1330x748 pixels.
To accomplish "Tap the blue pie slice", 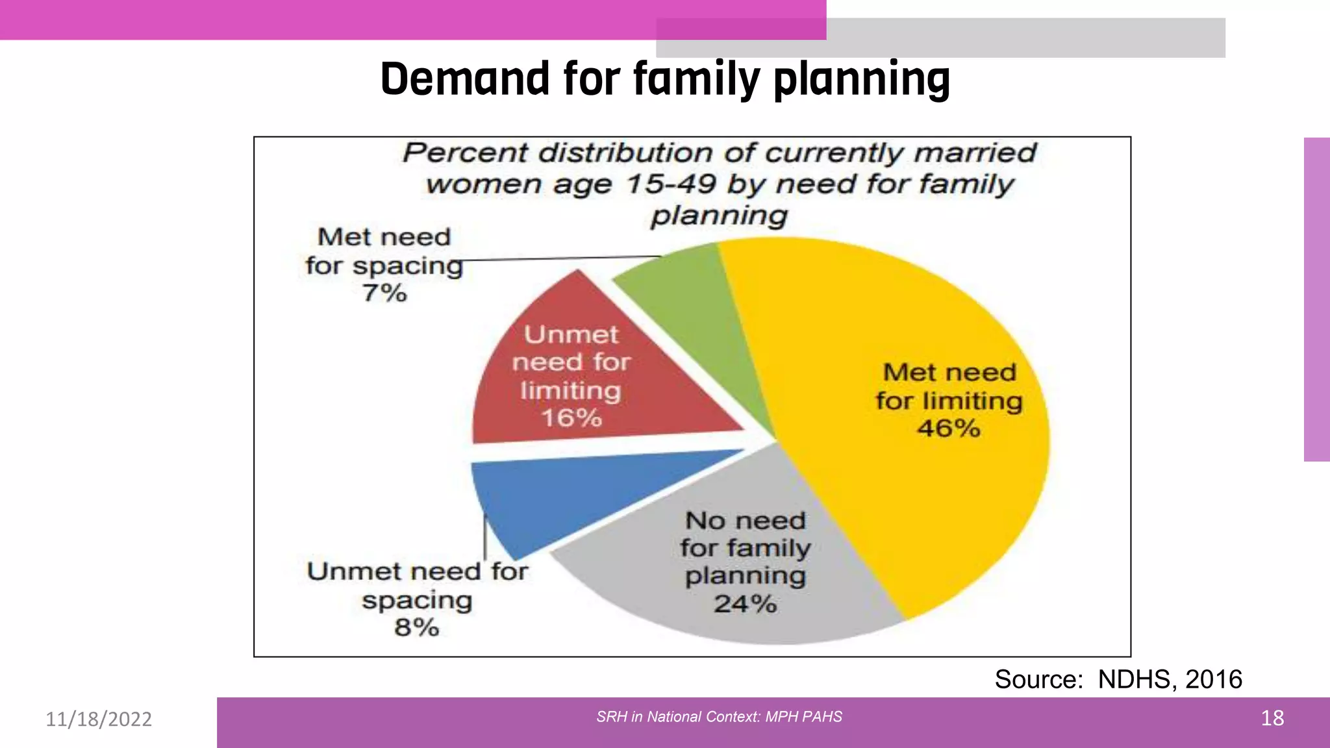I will tap(565, 493).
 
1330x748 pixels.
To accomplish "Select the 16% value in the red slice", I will tap(572, 418).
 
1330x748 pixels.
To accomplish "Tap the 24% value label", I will tap(746, 605).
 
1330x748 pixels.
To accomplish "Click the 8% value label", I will tap(417, 628).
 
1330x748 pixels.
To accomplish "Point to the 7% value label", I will tap(385, 293).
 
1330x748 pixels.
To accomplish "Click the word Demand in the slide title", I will tap(465, 79).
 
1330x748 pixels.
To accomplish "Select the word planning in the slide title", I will tap(862, 79).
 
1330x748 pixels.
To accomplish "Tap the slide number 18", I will tap(1272, 718).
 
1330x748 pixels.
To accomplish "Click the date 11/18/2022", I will tap(99, 719).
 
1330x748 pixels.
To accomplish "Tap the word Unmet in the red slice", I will tap(571, 335).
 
